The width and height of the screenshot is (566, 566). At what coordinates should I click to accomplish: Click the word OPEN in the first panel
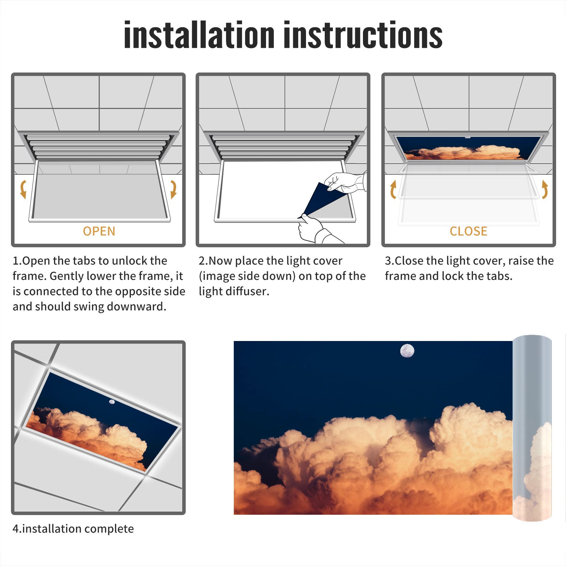(99, 231)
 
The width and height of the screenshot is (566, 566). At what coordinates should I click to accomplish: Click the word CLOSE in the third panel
(468, 231)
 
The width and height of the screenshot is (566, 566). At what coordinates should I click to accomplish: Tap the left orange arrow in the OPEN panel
(23, 189)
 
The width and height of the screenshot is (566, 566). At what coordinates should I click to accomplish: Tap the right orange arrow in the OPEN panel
(173, 189)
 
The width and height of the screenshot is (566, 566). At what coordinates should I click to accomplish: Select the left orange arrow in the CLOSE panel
(393, 189)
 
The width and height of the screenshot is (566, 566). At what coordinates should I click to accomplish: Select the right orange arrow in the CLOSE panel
(545, 189)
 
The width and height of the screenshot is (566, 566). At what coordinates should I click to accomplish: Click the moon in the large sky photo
(407, 351)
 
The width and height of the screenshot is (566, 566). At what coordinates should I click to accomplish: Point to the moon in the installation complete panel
(112, 402)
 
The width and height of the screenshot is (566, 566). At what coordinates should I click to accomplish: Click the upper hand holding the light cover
(345, 182)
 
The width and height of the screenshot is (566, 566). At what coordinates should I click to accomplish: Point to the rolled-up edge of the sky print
(532, 428)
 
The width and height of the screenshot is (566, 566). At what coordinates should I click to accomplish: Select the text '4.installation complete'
(73, 529)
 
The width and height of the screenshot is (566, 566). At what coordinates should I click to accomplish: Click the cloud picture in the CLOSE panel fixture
(468, 148)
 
